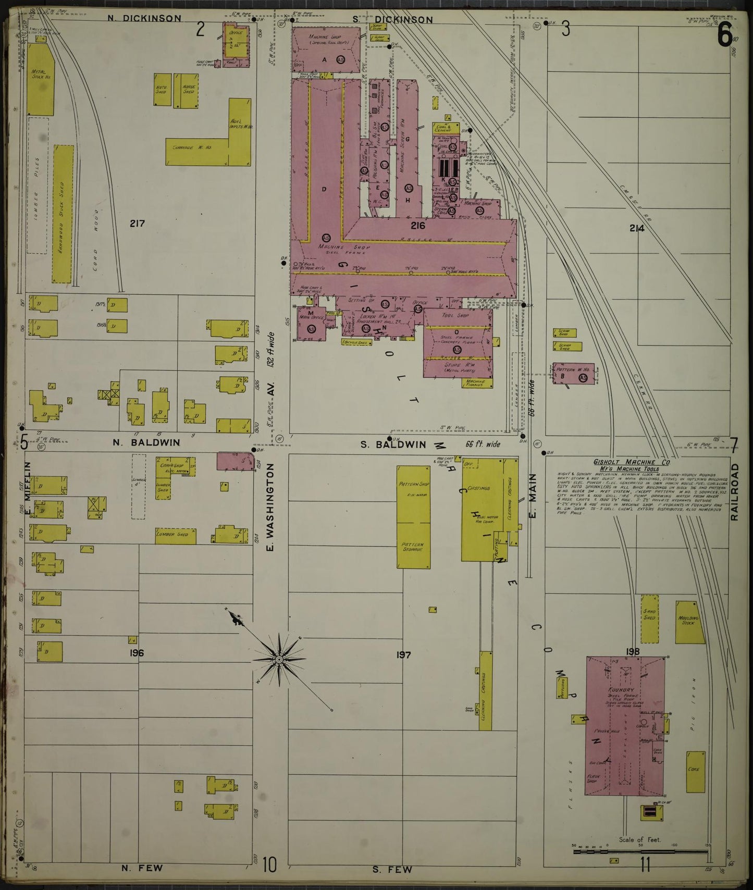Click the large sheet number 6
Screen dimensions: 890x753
[724, 35]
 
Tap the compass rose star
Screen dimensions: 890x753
[279, 660]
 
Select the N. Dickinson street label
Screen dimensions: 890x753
[144, 18]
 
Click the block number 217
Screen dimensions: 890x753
[137, 224]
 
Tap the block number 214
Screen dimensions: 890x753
[636, 228]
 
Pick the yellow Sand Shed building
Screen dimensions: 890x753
[649, 622]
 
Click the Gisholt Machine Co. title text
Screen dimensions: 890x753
[632, 462]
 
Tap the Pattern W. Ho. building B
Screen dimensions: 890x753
[575, 374]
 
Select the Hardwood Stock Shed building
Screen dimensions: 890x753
[62, 214]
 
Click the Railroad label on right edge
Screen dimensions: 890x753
[734, 492]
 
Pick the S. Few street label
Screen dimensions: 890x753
[392, 869]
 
